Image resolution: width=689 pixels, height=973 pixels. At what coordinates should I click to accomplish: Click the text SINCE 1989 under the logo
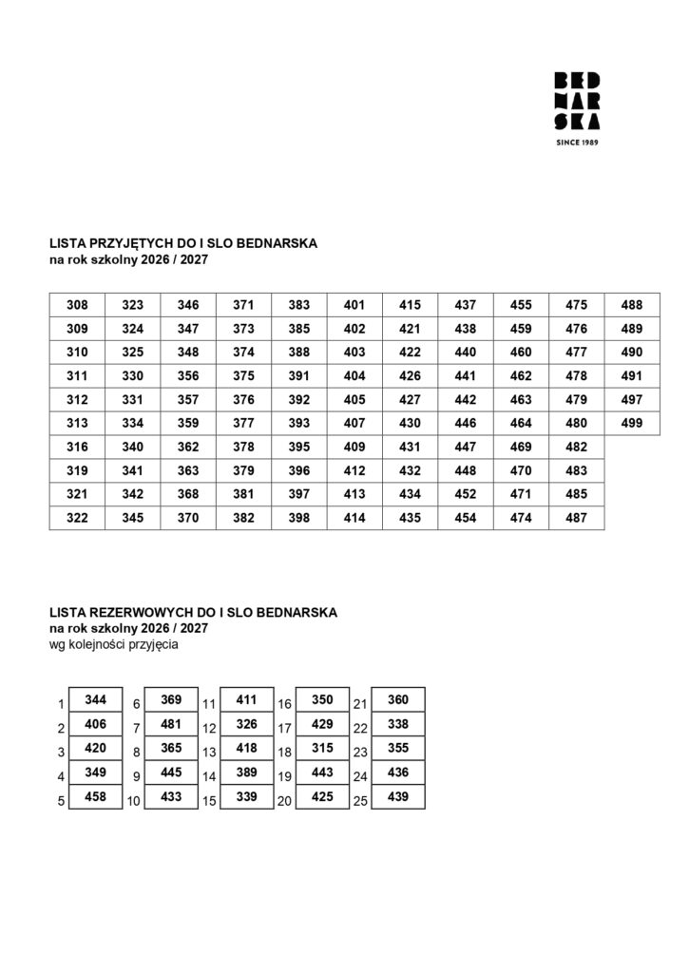576,143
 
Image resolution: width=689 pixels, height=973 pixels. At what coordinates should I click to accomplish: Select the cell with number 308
78,305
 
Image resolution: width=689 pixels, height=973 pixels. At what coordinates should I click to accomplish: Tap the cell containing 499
632,424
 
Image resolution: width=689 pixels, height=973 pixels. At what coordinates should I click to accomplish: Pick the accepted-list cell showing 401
354,305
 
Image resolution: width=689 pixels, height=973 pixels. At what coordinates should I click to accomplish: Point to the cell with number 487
576,518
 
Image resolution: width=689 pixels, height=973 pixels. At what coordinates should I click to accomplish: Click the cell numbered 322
78,518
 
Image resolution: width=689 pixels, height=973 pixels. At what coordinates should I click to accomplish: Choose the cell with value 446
466,424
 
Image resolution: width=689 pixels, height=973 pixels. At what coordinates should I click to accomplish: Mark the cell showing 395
299,447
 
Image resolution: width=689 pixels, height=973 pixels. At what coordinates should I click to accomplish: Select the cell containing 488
632,305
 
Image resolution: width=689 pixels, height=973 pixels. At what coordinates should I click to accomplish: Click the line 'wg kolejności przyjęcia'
114,644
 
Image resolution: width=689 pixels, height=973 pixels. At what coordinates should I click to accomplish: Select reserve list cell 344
96,699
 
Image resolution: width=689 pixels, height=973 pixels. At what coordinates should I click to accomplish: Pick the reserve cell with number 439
398,796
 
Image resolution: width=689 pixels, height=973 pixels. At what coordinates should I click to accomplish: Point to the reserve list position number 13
210,753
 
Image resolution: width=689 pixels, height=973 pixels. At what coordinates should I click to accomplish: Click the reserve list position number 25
360,801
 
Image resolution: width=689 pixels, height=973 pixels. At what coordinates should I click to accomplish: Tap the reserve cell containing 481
171,724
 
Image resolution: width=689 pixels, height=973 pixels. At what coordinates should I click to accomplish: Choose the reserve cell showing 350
322,699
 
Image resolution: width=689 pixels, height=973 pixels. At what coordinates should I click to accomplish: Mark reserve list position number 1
60,705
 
